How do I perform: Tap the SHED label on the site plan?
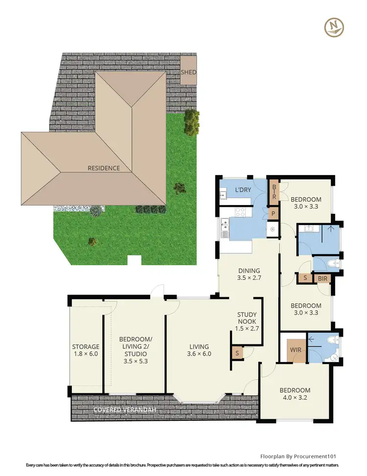(188, 72)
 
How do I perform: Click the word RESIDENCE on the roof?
(104, 168)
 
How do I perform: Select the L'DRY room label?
(243, 190)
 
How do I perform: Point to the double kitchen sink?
(225, 227)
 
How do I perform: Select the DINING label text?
(249, 271)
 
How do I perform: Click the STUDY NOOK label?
(247, 318)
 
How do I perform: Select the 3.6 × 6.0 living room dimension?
(199, 354)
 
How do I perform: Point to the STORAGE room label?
(86, 347)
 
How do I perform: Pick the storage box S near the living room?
(237, 353)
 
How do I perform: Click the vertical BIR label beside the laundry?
(274, 191)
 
